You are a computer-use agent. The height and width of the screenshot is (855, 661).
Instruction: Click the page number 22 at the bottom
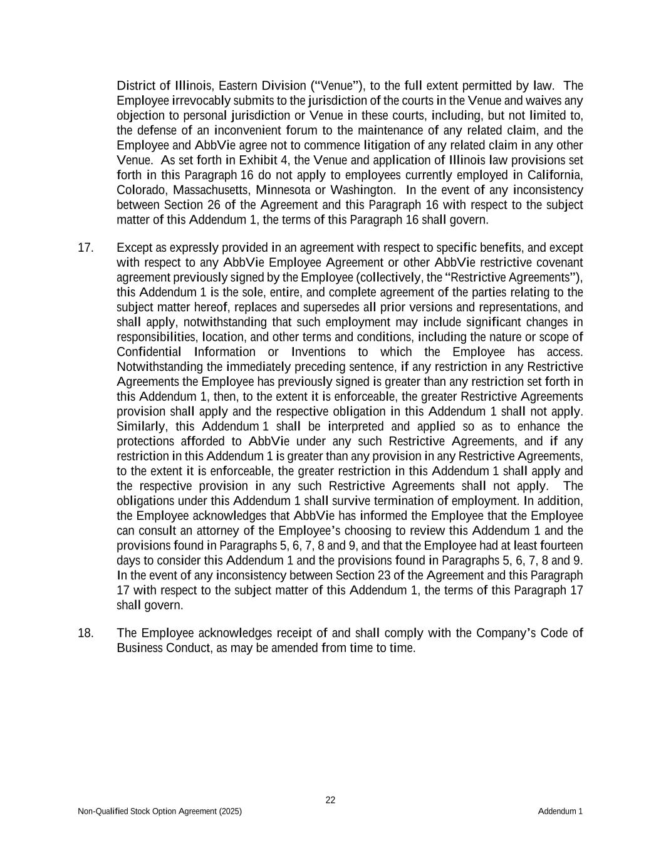pyautogui.click(x=330, y=800)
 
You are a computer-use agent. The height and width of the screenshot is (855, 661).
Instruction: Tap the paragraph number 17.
pyautogui.click(x=85, y=247)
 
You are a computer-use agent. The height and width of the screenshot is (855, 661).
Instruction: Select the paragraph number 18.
pyautogui.click(x=85, y=633)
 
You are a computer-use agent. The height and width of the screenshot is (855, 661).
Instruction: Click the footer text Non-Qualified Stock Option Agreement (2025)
pyautogui.click(x=160, y=811)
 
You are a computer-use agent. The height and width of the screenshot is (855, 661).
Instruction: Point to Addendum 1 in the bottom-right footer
pyautogui.click(x=560, y=811)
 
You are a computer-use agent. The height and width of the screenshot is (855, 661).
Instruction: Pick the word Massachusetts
pyautogui.click(x=212, y=190)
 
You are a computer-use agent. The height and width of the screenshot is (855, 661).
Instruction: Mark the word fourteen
pyautogui.click(x=558, y=546)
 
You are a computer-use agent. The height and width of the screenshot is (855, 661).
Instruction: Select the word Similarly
pyautogui.click(x=142, y=427)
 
